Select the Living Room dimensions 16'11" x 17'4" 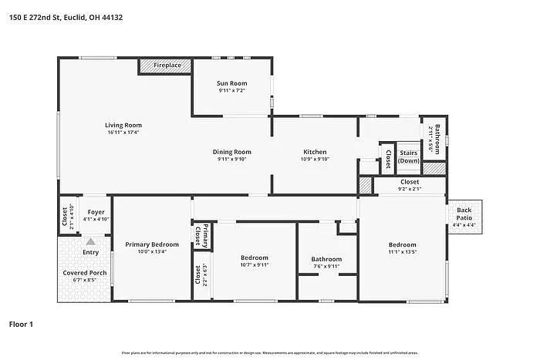point(123,132)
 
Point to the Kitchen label point(314,152)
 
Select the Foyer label point(96,212)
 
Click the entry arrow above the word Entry point(90,241)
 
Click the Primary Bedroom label point(152,244)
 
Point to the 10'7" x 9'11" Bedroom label point(254,257)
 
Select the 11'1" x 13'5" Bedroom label point(401,246)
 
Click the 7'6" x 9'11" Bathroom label point(326,259)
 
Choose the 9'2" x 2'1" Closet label point(409,182)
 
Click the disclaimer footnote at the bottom point(269,352)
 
